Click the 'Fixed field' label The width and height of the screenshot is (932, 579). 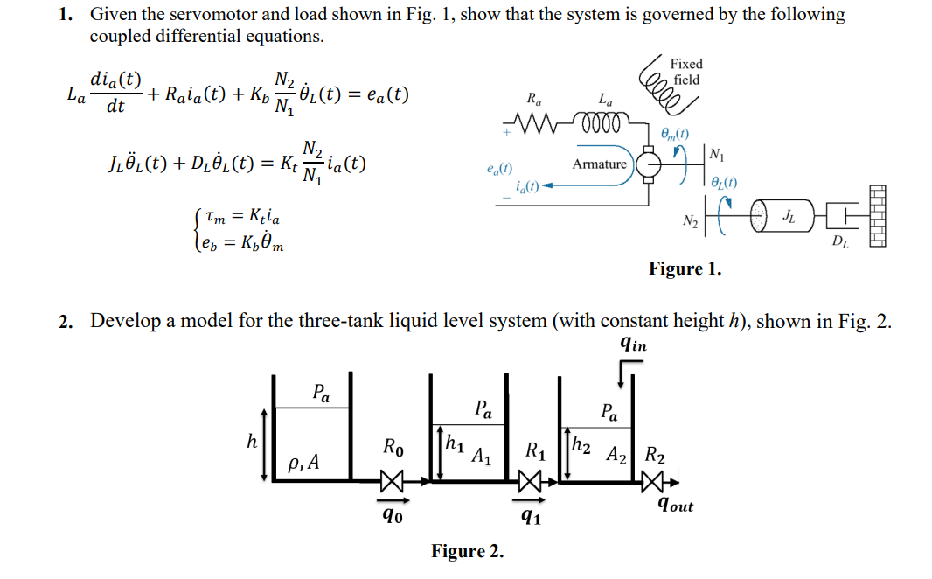coord(685,72)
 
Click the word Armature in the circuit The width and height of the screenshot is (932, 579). coord(599,164)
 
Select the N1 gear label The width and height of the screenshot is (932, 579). coord(716,156)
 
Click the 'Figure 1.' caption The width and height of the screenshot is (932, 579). coord(685,269)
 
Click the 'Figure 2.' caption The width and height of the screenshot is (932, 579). coord(467,551)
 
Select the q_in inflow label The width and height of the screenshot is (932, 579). coord(633,345)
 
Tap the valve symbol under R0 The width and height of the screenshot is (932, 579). coord(393,480)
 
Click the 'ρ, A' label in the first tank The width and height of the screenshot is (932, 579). coord(304,462)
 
